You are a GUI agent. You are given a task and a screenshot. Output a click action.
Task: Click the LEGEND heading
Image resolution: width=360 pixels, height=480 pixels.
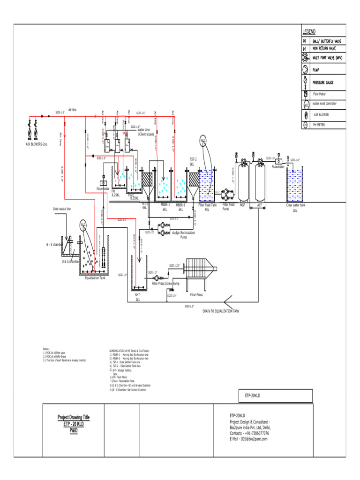(x=309, y=31)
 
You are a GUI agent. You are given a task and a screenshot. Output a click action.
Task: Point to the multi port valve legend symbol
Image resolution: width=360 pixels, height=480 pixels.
(x=306, y=58)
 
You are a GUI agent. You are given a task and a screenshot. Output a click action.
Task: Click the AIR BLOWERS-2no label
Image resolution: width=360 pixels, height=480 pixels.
(x=37, y=144)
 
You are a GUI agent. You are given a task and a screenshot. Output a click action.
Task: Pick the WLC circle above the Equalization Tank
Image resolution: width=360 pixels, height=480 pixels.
(x=83, y=224)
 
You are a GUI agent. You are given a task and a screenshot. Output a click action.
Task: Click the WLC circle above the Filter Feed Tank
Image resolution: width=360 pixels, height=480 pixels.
(x=204, y=141)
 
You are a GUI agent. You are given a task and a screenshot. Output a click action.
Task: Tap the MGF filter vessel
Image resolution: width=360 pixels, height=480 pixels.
(x=243, y=180)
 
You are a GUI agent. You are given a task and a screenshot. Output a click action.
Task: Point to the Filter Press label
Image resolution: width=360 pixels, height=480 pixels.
(x=196, y=295)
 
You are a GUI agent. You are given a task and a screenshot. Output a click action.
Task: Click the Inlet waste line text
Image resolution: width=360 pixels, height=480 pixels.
(x=62, y=209)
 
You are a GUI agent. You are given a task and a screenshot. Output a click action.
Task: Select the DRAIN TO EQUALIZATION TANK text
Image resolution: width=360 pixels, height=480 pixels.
(x=221, y=311)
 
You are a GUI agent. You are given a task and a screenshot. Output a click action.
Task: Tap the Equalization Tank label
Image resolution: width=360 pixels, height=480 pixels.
(x=95, y=278)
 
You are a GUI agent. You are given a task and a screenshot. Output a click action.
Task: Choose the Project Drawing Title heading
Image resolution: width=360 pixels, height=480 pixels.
(x=74, y=417)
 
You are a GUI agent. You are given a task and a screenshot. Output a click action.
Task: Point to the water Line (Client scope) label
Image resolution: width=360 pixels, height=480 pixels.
(x=146, y=132)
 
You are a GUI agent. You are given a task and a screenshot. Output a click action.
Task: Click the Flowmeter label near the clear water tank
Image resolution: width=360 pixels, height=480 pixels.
(x=278, y=166)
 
